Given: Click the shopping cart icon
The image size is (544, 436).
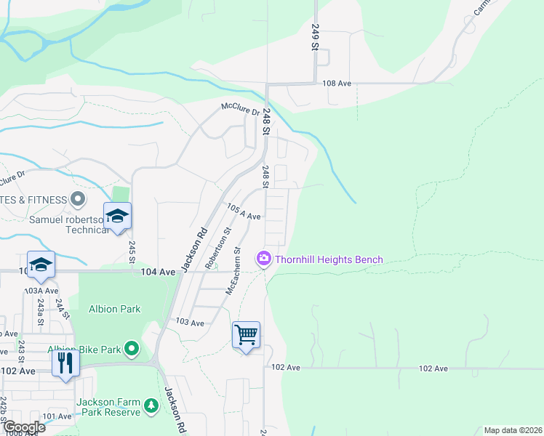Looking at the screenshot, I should (x=247, y=336).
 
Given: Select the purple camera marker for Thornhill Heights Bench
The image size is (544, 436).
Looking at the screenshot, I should (x=263, y=259).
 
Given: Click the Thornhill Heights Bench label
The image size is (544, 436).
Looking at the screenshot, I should (x=328, y=259).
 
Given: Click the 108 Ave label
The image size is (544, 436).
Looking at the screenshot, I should (x=337, y=84).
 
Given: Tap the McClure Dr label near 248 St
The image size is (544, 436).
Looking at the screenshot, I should (x=241, y=110).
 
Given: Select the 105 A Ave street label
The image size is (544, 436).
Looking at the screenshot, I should (x=244, y=212).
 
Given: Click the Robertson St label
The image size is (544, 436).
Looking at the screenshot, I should (x=217, y=248).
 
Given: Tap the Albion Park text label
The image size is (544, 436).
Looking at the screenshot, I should (x=115, y=309).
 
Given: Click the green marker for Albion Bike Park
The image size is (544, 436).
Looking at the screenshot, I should (x=132, y=350).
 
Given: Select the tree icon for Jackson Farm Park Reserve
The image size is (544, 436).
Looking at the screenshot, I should (x=151, y=405).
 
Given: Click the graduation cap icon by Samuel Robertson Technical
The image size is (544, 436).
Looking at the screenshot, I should (x=117, y=216).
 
